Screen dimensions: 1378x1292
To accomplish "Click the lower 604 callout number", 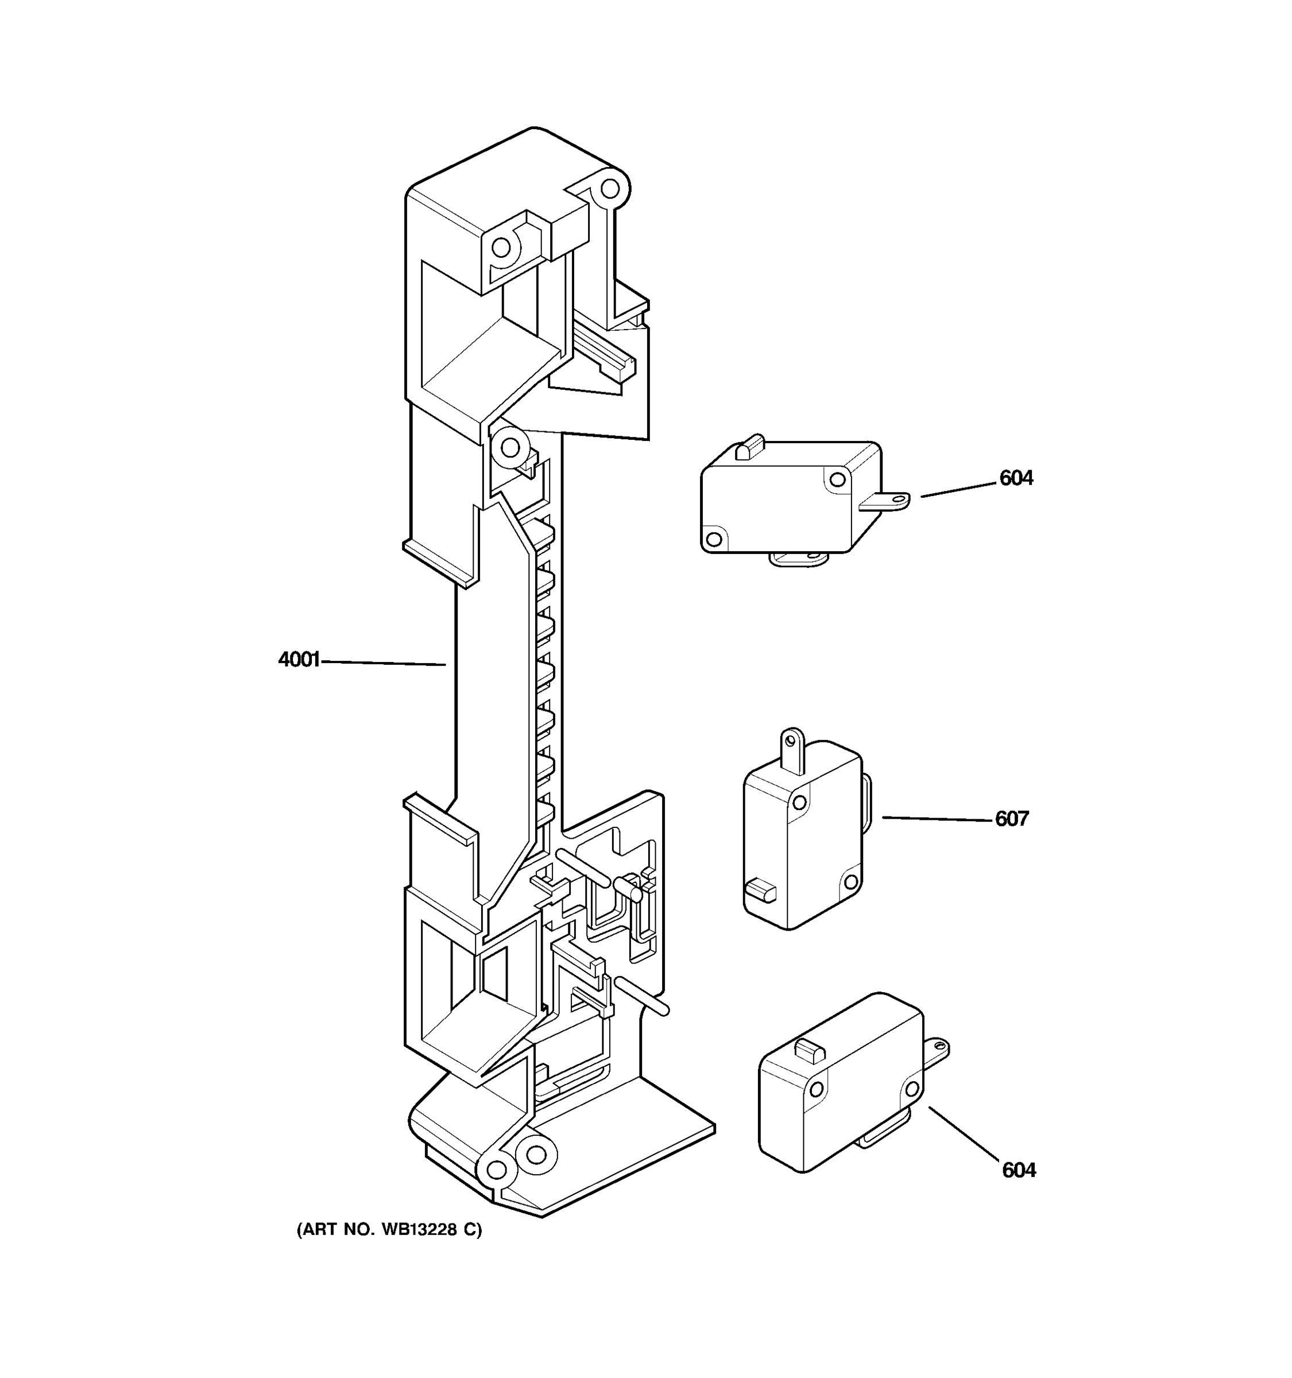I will (1018, 1170).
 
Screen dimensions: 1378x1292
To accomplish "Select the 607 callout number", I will (1011, 819).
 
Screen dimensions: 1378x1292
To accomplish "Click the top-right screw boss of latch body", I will (609, 188).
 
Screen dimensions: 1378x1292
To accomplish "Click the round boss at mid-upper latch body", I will (510, 447).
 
